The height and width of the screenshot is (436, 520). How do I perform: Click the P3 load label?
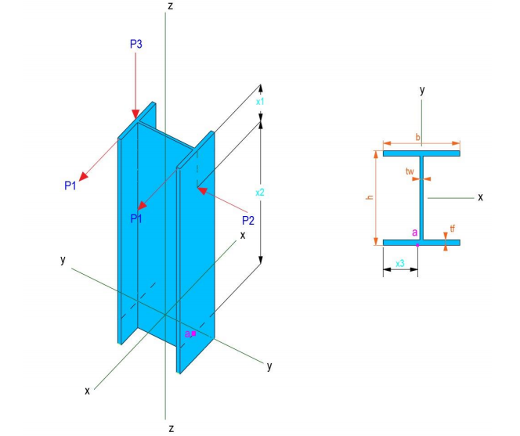pyautogui.click(x=135, y=45)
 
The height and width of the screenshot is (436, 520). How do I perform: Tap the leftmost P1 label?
pyautogui.click(x=70, y=186)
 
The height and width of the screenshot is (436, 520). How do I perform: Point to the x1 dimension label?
pyautogui.click(x=260, y=101)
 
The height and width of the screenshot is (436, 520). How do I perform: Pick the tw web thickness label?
pyautogui.click(x=410, y=171)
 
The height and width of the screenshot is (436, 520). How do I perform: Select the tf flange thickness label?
pyautogui.click(x=453, y=229)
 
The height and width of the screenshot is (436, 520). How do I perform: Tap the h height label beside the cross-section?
pyautogui.click(x=369, y=198)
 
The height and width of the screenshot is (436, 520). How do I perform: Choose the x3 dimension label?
pyautogui.click(x=400, y=263)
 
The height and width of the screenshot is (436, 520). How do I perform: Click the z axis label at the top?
pyautogui.click(x=170, y=6)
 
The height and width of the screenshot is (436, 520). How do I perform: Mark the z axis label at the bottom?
pyautogui.click(x=170, y=428)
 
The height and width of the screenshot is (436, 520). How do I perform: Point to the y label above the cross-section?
pyautogui.click(x=422, y=90)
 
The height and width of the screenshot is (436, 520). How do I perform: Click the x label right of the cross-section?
pyautogui.click(x=480, y=197)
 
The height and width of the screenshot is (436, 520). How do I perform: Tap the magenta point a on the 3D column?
pyautogui.click(x=193, y=333)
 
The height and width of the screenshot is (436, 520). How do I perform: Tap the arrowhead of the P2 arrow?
pyautogui.click(x=200, y=189)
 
